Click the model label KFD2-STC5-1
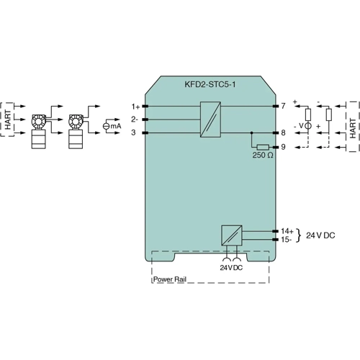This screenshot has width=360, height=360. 210,84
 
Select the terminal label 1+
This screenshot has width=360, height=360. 135,106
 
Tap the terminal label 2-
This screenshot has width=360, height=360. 135,119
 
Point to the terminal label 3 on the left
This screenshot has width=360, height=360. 134,132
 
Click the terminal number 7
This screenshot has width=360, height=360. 284,106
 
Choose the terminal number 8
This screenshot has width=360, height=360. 284,133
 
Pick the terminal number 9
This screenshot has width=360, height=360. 284,147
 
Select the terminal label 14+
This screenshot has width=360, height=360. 287,231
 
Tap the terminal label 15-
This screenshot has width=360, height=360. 287,239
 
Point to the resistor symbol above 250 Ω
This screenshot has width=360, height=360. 262,147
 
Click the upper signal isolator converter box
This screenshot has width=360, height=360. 210,120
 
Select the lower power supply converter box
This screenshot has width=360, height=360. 230,235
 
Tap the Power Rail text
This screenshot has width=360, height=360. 169,277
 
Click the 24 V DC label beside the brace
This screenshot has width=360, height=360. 322,235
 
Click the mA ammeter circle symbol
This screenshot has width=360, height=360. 107,126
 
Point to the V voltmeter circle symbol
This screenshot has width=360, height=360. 307,126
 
